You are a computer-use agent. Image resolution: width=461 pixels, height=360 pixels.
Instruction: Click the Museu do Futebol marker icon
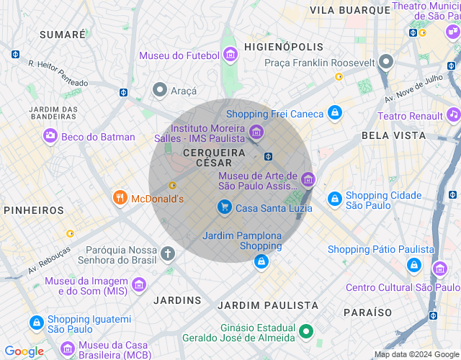point(230,55)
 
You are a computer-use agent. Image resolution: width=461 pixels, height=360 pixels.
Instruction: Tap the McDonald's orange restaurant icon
point(120,198)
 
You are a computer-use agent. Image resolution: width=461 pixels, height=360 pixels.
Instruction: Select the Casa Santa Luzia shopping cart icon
point(225,207)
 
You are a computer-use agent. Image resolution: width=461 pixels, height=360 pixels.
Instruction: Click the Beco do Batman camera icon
point(50,136)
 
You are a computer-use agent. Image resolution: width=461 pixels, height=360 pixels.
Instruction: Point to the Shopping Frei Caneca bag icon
point(334,113)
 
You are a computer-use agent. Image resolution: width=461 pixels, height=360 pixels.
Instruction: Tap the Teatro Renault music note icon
point(453,114)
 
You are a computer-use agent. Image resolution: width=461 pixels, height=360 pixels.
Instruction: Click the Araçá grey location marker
point(160,90)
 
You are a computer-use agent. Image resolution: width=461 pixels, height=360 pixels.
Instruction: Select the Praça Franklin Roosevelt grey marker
point(387,62)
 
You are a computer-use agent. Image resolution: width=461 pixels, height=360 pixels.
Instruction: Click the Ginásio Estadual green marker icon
point(306,331)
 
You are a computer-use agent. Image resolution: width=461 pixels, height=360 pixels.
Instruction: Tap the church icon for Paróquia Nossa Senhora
point(168,253)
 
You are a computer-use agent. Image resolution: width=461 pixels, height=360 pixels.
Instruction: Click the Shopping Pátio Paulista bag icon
point(413,266)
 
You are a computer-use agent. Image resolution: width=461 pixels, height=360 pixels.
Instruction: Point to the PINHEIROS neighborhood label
point(34,210)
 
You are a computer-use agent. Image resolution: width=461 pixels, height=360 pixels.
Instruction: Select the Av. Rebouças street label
point(50,260)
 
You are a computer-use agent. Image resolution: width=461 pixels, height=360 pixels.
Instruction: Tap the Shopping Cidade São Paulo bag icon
point(334,198)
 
